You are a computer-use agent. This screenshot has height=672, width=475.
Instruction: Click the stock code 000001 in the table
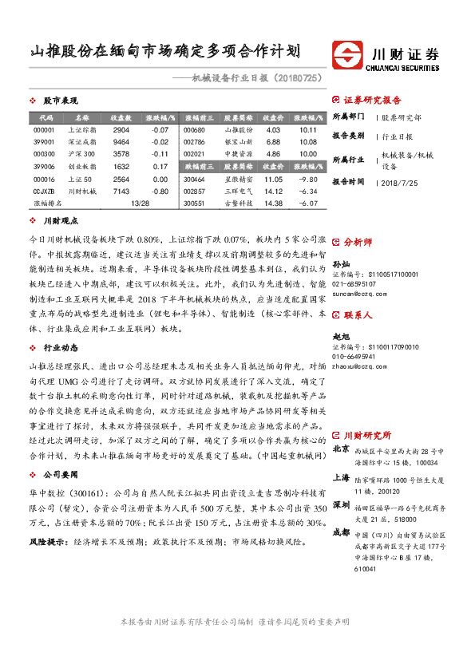[x=44, y=130]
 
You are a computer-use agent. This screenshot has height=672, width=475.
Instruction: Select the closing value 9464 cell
[x=121, y=140]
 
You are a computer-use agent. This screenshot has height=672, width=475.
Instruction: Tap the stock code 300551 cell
[x=195, y=203]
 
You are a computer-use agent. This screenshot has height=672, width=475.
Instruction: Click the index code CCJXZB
[x=44, y=192]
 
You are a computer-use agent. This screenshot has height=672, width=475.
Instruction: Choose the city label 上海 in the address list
[x=341, y=477]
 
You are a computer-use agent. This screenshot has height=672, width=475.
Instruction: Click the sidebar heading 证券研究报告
[x=372, y=101]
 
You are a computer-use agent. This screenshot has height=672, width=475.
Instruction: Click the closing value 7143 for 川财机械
[x=121, y=192]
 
